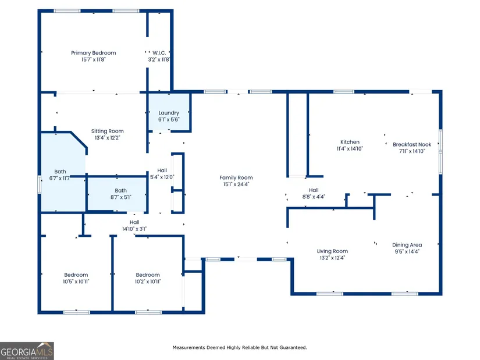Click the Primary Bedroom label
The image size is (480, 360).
93,53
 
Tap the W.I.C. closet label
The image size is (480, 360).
159,53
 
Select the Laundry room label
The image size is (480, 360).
169,113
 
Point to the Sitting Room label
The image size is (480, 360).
107,131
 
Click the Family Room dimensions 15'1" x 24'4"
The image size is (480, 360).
236,184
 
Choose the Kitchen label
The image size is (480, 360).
350,142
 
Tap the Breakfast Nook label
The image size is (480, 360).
412,144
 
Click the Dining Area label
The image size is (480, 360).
407,245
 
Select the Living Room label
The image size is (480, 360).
332,251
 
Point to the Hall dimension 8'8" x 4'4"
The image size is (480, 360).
314,197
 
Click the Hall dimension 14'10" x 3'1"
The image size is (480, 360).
134,229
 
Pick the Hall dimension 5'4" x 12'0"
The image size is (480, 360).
162,177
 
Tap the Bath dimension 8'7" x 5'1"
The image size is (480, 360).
121,198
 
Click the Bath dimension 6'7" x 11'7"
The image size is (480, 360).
60,179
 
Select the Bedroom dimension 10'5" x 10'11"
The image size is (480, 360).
76,281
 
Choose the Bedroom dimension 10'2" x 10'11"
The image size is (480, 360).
148,281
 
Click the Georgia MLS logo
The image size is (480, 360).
27,351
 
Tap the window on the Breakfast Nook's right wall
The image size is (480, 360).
441,152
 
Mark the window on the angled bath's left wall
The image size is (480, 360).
39,184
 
